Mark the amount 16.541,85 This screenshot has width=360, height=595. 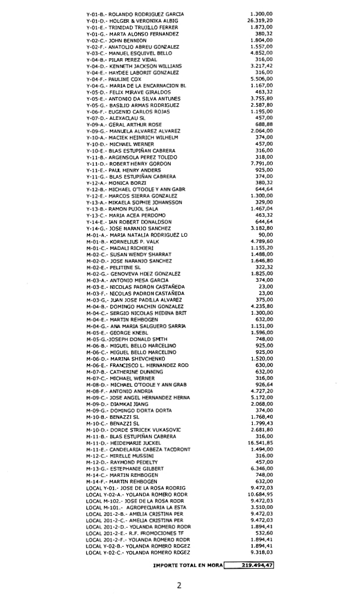(259, 443)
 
